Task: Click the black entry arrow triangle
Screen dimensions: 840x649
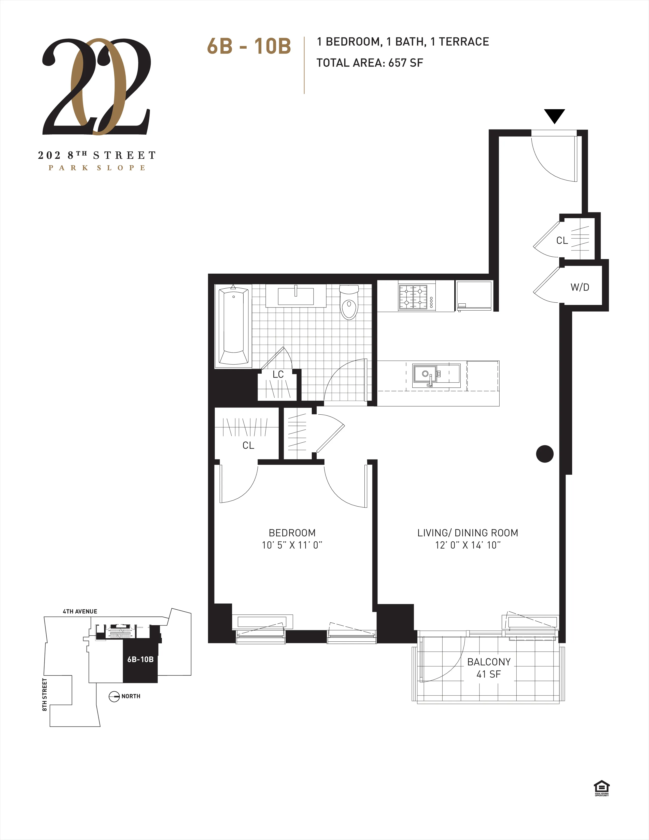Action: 554,115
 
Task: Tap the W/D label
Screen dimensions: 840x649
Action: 580,287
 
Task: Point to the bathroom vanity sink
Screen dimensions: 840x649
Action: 296,296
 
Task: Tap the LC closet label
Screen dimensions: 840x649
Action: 278,374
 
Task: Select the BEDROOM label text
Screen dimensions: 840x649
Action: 292,533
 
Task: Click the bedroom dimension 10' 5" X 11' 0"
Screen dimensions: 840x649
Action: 292,545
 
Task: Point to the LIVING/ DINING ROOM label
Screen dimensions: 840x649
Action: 468,533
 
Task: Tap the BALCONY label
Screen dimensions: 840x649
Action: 489,662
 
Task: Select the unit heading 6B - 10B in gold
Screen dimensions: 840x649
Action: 249,46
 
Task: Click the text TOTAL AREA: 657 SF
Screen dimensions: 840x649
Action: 370,63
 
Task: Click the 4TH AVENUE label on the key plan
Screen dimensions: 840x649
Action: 80,611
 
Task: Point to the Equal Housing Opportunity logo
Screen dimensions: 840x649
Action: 602,788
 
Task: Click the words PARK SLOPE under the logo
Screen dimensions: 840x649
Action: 97,168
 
